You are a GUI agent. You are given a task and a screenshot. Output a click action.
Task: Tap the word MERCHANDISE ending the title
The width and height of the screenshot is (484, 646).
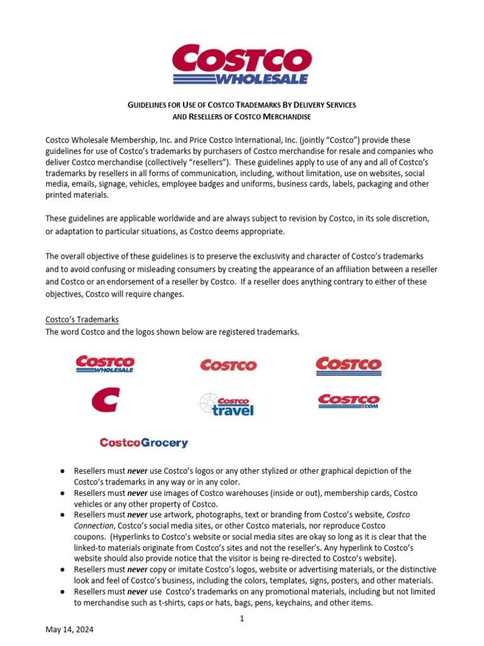[x=281, y=117]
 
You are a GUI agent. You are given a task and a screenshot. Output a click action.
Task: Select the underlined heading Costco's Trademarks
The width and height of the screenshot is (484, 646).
[x=83, y=320]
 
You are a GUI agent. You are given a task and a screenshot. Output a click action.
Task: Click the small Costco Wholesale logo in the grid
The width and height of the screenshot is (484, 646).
[x=105, y=364]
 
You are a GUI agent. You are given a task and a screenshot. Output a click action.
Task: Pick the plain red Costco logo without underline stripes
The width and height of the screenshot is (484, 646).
[x=228, y=365]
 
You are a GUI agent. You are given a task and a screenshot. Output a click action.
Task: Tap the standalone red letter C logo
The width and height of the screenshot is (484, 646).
[x=105, y=400]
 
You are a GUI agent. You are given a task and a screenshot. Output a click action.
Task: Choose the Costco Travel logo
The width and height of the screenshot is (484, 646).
[x=227, y=404]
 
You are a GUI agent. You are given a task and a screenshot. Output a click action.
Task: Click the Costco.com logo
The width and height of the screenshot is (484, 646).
[x=349, y=401]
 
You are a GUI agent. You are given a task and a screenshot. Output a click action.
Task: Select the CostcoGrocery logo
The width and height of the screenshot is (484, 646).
[x=144, y=443]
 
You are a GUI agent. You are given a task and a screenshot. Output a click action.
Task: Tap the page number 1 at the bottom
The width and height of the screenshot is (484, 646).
[x=241, y=619]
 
